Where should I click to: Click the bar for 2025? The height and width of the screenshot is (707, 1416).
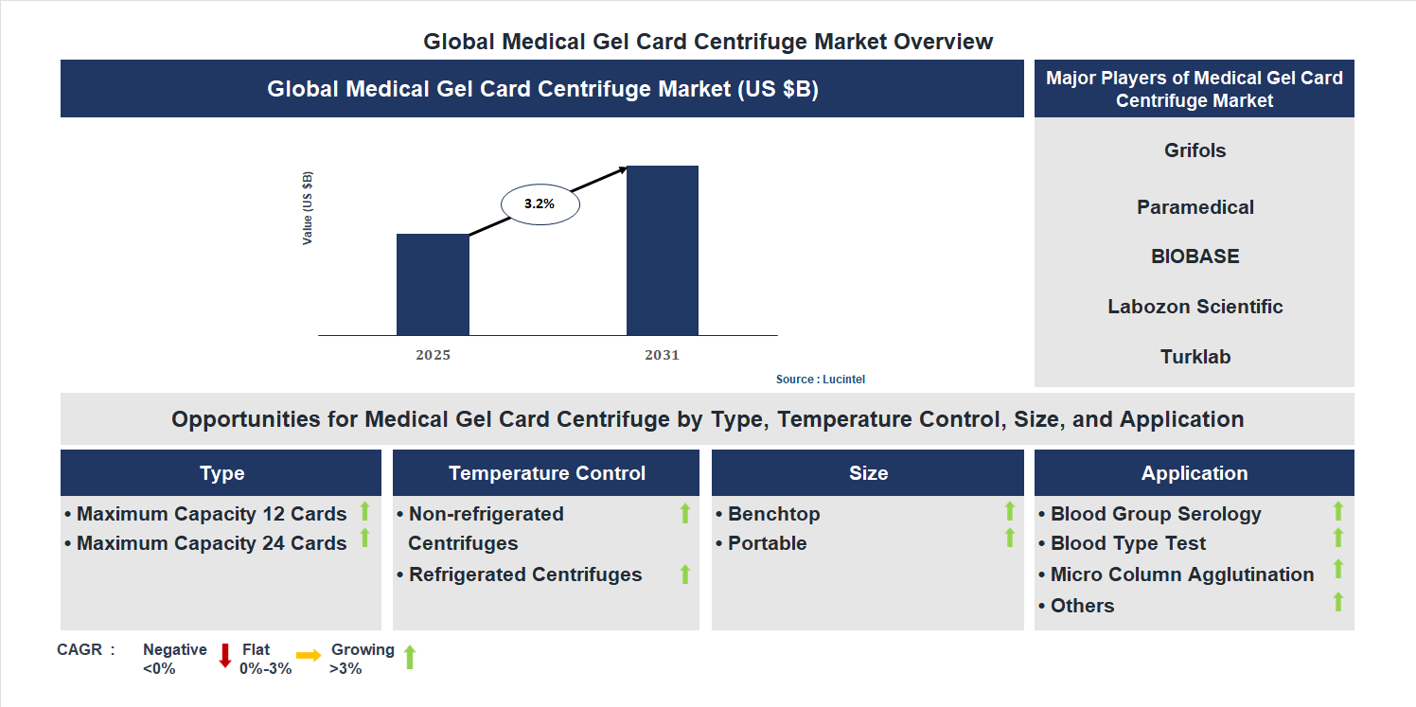[x=433, y=284]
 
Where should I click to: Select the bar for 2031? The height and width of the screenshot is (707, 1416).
[x=663, y=250]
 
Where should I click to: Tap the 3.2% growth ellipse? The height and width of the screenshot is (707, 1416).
[x=540, y=203]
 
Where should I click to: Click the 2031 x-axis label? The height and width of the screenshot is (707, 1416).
[x=663, y=356]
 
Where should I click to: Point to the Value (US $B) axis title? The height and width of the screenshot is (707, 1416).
[x=308, y=208]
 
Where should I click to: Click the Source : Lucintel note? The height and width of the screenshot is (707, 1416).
[x=821, y=380]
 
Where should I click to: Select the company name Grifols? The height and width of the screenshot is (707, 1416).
[x=1195, y=150]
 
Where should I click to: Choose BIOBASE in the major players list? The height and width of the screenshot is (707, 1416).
[x=1195, y=256]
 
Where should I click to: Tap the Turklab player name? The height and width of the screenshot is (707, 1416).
[x=1195, y=357]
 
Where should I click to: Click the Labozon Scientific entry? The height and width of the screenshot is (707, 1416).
[x=1195, y=307]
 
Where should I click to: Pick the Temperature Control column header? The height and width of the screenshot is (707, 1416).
[x=546, y=473]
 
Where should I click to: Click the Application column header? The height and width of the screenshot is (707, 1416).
[x=1194, y=473]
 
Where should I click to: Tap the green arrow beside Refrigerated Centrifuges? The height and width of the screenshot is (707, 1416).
[x=685, y=574]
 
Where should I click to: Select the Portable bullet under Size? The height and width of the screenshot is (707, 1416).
[x=767, y=543]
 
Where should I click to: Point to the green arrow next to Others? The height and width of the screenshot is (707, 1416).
[x=1338, y=601]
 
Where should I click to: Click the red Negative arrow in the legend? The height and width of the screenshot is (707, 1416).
[x=225, y=655]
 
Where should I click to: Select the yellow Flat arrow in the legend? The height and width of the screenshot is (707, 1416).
[x=309, y=655]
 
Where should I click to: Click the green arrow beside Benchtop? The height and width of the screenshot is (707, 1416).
[x=1010, y=512]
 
